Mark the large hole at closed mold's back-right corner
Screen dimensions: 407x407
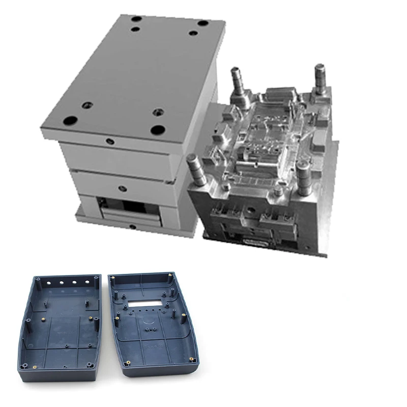pyautogui.click(x=202, y=24)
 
